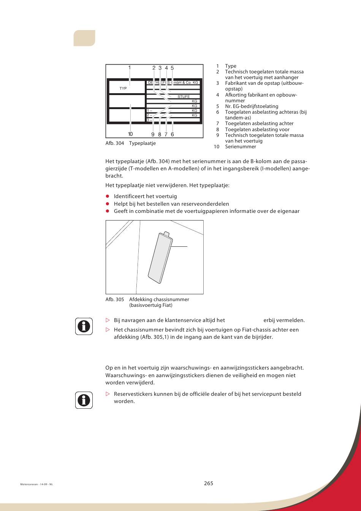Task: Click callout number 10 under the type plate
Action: [x=130, y=134]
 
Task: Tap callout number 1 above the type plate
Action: [x=130, y=68]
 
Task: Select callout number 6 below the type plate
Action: [x=172, y=134]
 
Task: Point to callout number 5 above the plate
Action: [x=172, y=68]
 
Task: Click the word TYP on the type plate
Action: [x=123, y=89]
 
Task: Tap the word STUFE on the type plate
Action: [x=184, y=97]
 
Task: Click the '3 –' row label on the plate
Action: [x=149, y=120]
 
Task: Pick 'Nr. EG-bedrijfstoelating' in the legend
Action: [x=251, y=106]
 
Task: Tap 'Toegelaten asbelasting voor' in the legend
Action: [x=257, y=130]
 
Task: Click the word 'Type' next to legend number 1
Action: [x=231, y=66]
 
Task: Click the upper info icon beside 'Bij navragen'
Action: [x=84, y=326]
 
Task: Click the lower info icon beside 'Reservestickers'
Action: [x=84, y=400]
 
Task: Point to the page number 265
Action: [x=208, y=483]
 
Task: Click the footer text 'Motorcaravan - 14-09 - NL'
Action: [x=36, y=484]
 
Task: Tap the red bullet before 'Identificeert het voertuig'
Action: [x=108, y=197]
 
